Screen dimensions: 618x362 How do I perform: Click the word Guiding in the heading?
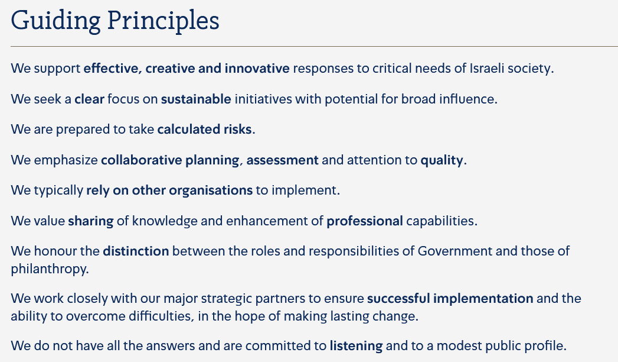pyautogui.click(x=55, y=21)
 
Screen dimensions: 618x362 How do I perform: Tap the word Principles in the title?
pyautogui.click(x=163, y=21)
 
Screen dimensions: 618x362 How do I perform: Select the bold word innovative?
pyautogui.click(x=257, y=68)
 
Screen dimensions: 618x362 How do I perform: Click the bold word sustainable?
pyautogui.click(x=196, y=99)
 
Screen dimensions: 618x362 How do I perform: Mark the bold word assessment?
pyautogui.click(x=282, y=160)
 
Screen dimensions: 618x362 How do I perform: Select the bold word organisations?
pyautogui.click(x=211, y=190)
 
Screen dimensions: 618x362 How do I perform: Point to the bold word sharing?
pyautogui.click(x=91, y=221)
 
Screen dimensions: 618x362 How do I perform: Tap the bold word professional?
pyautogui.click(x=365, y=221)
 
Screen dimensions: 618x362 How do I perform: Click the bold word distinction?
pyautogui.click(x=136, y=251)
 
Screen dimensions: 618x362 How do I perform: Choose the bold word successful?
pyautogui.click(x=398, y=299)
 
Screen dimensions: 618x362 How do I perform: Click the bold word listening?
pyautogui.click(x=357, y=347)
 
